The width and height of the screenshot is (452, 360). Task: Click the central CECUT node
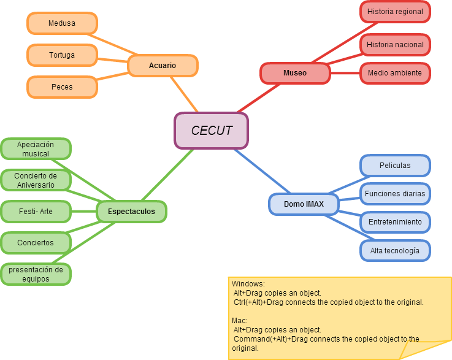(212, 131)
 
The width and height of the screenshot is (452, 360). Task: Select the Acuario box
(163, 66)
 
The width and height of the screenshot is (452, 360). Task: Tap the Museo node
(295, 73)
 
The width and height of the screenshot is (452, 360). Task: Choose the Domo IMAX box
(304, 204)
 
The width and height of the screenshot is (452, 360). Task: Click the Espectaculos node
(131, 212)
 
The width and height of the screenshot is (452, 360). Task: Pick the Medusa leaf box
(62, 23)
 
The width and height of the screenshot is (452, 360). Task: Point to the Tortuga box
(62, 55)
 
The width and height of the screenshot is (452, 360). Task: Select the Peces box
(62, 87)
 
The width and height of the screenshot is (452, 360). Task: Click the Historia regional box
(395, 12)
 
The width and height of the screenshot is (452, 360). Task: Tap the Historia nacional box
(395, 44)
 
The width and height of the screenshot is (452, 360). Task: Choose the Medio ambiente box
(395, 73)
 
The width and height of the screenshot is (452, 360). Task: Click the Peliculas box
(395, 166)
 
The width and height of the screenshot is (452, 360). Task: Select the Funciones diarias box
(395, 194)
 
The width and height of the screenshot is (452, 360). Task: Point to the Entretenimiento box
(395, 222)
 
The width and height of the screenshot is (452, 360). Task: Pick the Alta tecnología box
(395, 251)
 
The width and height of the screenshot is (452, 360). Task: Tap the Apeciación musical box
(36, 149)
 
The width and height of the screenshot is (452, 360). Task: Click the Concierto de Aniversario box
(36, 180)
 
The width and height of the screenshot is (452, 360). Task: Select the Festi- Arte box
(36, 212)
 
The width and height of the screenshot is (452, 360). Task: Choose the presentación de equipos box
(36, 274)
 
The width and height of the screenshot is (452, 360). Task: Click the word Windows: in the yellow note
(248, 284)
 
